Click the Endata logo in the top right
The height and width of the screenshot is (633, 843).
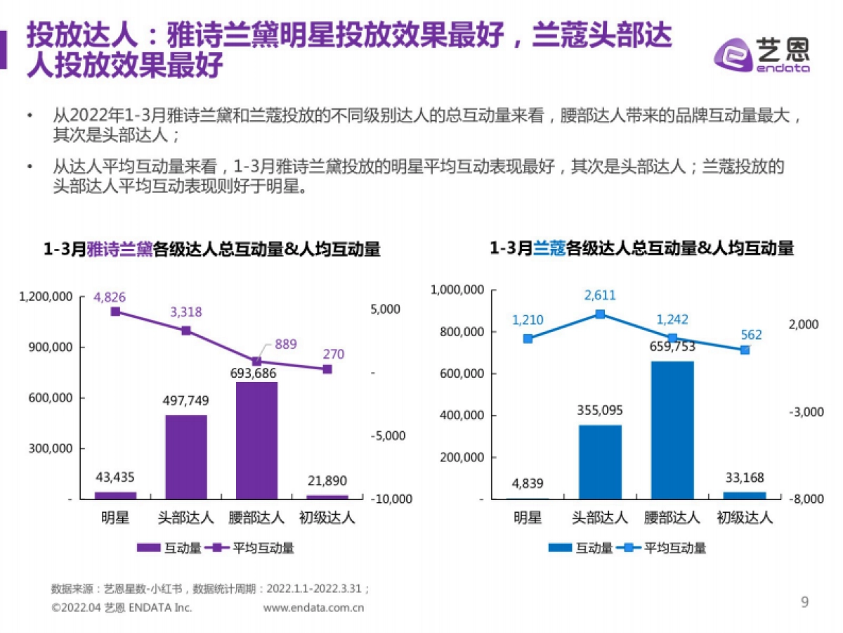(x=762, y=52)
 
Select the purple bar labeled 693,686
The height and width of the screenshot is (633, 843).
(x=256, y=440)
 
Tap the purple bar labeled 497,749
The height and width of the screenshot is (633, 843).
(x=186, y=456)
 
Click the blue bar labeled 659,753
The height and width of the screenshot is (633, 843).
(x=672, y=430)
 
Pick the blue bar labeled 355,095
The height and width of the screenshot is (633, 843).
(x=601, y=461)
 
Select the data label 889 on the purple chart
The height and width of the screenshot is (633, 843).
(x=286, y=344)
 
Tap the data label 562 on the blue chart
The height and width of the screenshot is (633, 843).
(x=750, y=335)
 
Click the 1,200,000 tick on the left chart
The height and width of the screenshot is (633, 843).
(x=46, y=297)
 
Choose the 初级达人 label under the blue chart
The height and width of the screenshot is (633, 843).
(x=745, y=518)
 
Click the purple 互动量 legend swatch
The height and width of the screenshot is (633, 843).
(x=148, y=549)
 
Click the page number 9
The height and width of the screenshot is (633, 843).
(x=805, y=602)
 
